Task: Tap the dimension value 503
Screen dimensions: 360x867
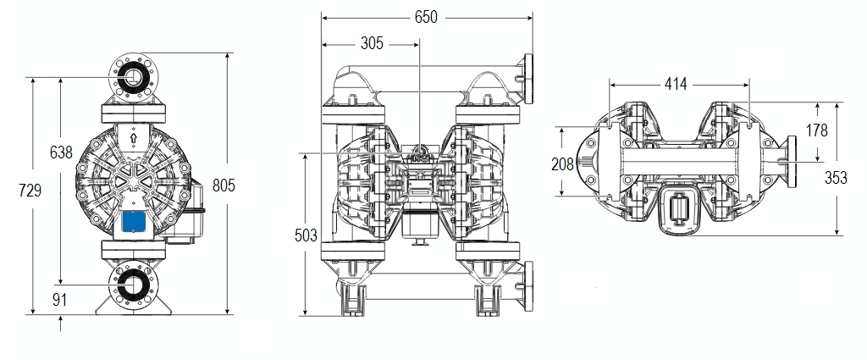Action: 306,235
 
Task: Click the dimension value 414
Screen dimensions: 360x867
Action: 676,84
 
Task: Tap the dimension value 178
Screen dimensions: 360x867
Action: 817,130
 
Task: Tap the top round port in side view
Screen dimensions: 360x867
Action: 134,77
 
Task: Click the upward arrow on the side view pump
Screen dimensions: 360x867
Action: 134,136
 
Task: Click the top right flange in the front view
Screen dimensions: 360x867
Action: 530,79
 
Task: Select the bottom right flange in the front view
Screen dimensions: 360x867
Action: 530,286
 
